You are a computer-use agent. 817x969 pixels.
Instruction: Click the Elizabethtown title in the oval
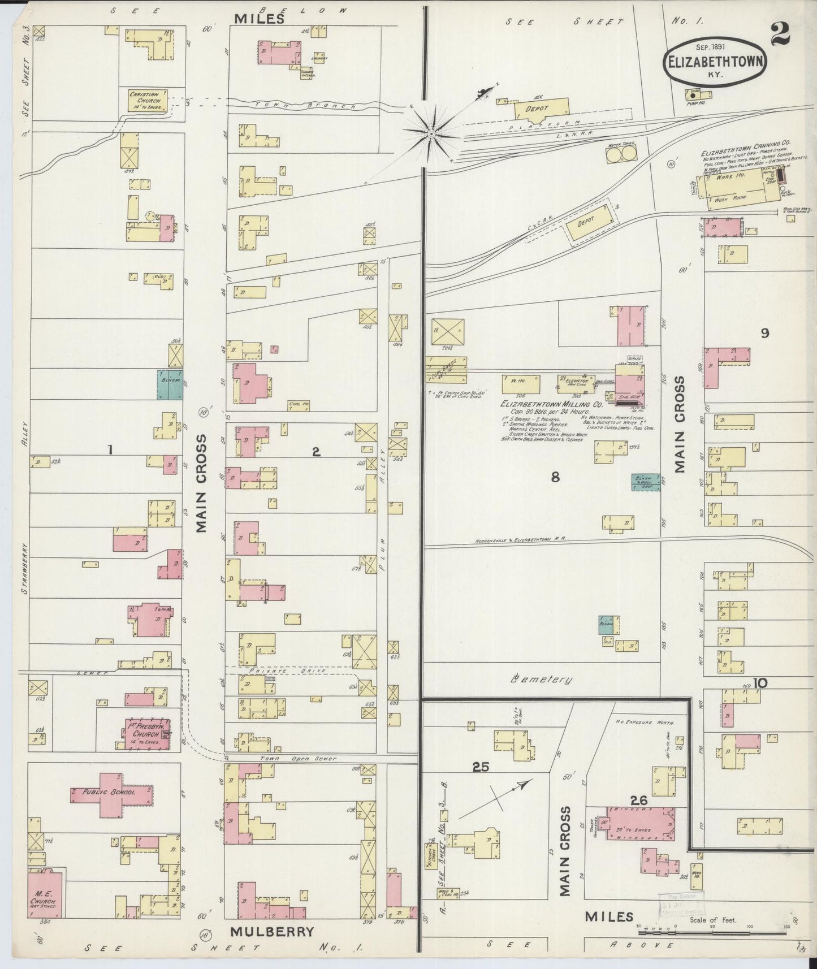(716, 62)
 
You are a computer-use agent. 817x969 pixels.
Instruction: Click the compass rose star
(431, 134)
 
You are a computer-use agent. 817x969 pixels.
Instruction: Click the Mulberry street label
(271, 931)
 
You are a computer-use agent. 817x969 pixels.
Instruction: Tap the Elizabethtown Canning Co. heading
(745, 153)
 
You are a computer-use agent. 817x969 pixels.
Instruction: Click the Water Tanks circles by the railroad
(621, 154)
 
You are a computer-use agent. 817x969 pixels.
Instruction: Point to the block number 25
(481, 767)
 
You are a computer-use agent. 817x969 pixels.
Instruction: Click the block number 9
(764, 334)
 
